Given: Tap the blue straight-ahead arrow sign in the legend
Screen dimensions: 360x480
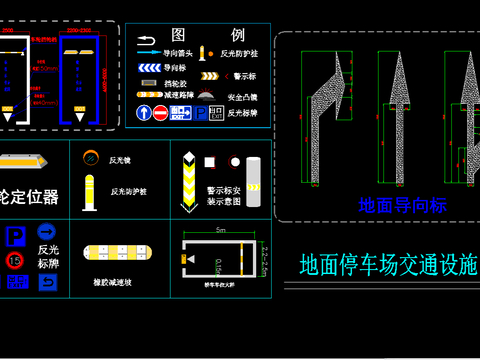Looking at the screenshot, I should coord(145,114).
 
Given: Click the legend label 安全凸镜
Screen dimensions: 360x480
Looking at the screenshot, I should coord(242,98).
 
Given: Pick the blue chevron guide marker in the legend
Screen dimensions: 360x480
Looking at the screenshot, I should coord(147,68).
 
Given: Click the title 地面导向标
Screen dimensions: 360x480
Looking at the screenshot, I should coord(402,206).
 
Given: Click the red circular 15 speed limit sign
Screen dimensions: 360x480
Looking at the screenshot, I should coord(14,260).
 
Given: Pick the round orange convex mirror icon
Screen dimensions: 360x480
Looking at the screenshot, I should coord(90,157).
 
